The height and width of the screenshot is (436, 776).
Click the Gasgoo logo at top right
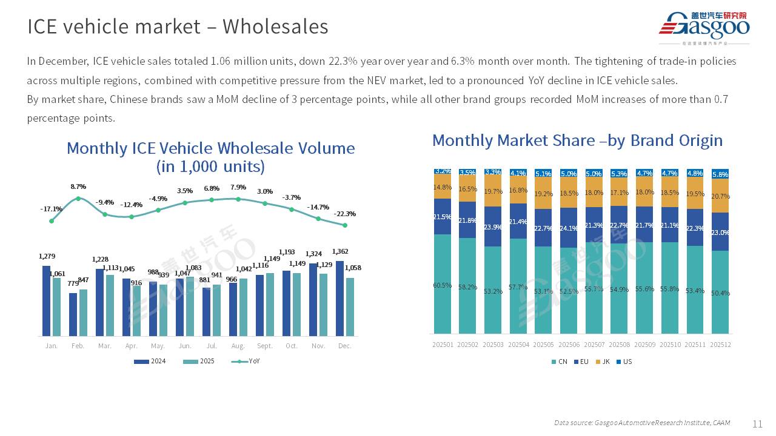(x=704, y=27)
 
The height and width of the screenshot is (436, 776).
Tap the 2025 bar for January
(x=56, y=306)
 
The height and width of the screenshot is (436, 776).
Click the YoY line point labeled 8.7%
(x=78, y=199)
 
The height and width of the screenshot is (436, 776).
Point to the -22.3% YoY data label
(x=344, y=214)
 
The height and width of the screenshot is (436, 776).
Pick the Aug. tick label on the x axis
(x=238, y=346)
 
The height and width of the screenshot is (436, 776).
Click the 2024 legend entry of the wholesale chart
(x=149, y=362)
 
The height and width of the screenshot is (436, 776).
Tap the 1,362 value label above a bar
(x=340, y=251)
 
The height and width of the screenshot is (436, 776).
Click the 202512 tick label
(x=720, y=345)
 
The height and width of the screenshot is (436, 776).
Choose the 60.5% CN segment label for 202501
(x=443, y=285)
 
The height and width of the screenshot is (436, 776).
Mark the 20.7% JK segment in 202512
(x=720, y=196)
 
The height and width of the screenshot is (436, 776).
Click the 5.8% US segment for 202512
(x=720, y=174)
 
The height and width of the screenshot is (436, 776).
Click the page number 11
(x=757, y=424)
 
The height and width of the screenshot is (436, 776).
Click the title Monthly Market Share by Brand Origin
(x=577, y=140)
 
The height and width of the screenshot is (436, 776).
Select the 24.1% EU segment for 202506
(x=569, y=228)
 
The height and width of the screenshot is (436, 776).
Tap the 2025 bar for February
(x=83, y=312)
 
